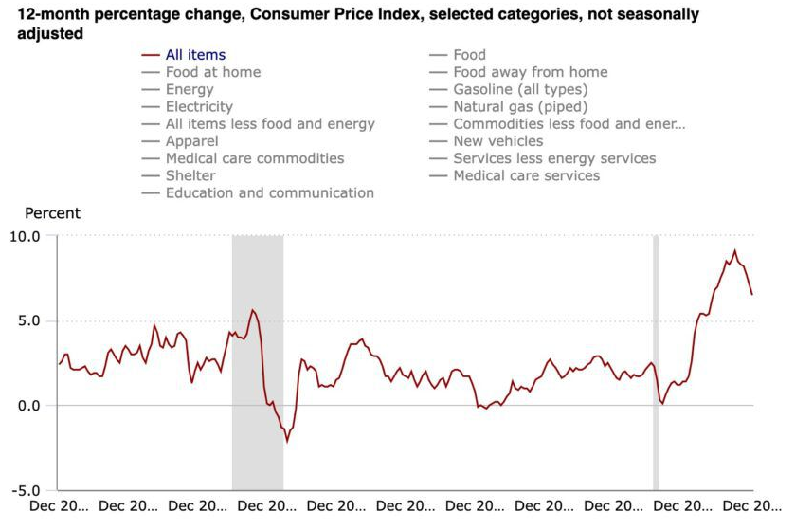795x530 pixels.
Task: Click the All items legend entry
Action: point(195,55)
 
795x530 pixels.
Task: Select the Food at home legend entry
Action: point(212,72)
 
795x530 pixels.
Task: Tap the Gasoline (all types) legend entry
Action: point(520,89)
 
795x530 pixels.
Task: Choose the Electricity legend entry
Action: point(198,107)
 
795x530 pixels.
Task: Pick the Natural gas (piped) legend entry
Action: point(520,107)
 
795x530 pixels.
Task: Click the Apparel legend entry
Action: point(191,141)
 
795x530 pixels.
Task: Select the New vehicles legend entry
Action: point(497,141)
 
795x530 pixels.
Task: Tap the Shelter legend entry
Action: point(190,175)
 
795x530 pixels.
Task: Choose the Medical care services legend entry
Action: point(526,175)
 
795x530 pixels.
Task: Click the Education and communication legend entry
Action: point(269,192)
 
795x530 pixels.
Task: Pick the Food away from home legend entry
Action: point(530,72)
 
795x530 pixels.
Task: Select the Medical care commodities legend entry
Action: point(254,158)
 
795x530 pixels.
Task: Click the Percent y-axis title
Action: point(52,213)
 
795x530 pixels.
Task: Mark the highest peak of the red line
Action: point(734,251)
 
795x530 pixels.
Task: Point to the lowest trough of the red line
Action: point(287,442)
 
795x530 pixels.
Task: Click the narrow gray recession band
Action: point(656,360)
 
